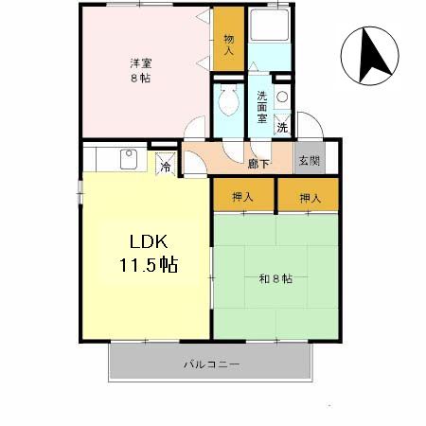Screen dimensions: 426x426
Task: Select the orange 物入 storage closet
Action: coord(228,45)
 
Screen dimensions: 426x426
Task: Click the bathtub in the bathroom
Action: coord(271,38)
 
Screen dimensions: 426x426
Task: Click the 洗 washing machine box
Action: coord(282,126)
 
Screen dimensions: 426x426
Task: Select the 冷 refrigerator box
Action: coord(165,168)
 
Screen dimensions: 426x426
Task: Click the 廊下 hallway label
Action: coord(258,163)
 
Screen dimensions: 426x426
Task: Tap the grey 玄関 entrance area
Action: coord(309,161)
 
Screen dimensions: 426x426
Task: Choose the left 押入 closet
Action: coord(242,197)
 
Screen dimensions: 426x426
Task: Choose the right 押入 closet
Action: coord(309,197)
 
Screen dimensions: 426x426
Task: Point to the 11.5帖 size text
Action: coord(148,264)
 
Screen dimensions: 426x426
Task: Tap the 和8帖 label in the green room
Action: coord(275,278)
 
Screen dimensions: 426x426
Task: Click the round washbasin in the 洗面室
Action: coord(281,96)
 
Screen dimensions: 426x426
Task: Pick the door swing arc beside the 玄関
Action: coord(311,128)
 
